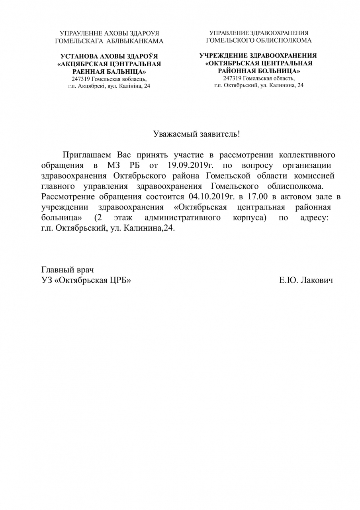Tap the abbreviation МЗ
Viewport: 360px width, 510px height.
click(113, 165)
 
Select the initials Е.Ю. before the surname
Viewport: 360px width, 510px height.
click(288, 280)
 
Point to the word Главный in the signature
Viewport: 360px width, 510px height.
click(56, 270)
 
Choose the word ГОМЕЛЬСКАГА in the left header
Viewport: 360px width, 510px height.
click(72, 41)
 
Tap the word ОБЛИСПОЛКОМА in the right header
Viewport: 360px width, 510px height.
click(284, 40)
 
